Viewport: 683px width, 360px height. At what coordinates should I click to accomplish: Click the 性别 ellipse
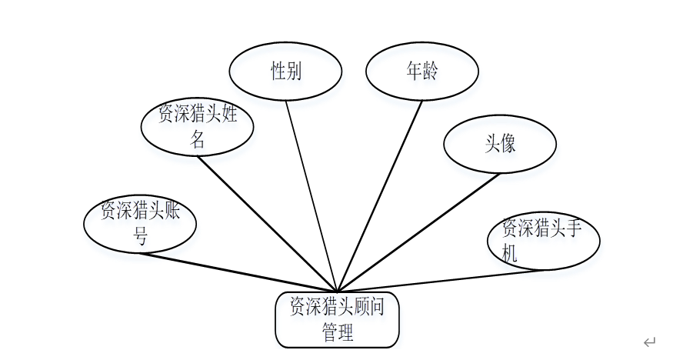pos(285,72)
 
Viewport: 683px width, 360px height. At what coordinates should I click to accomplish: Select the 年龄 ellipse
pos(421,72)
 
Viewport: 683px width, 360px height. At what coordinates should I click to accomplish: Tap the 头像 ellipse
pos(500,144)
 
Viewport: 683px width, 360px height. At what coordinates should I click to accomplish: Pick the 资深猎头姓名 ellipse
pos(197,126)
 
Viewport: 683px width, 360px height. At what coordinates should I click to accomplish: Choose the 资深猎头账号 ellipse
pos(140,224)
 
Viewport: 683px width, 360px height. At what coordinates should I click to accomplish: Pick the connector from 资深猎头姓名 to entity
pos(268,223)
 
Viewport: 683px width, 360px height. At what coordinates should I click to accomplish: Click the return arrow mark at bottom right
pos(649,342)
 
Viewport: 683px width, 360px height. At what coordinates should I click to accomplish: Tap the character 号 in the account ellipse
pos(141,237)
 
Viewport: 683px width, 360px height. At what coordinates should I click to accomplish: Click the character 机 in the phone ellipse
pos(510,253)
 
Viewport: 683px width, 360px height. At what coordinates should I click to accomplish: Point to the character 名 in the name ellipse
pos(198,139)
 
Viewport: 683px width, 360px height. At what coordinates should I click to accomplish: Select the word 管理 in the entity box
pos(338,333)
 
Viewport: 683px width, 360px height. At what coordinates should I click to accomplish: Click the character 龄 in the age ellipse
pos(430,72)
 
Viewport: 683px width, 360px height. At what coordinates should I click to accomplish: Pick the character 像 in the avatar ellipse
pos(508,144)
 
